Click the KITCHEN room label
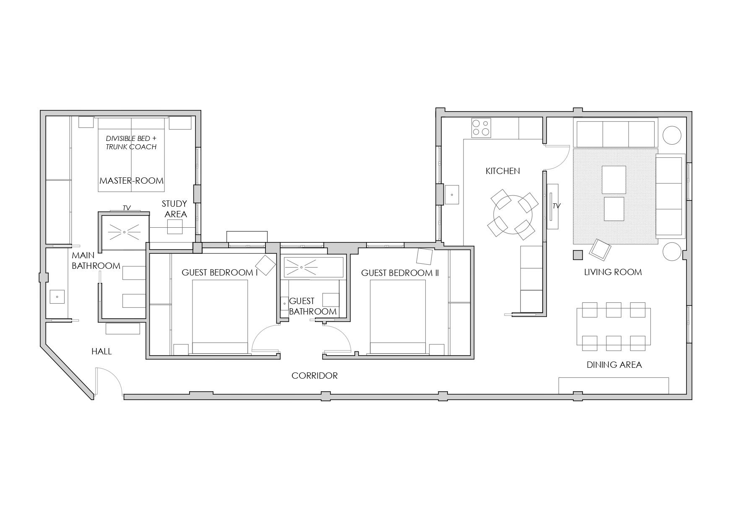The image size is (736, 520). click(x=502, y=171)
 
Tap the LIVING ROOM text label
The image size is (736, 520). click(x=613, y=272)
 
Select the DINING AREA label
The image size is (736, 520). click(x=614, y=365)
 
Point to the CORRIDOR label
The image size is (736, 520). click(x=315, y=376)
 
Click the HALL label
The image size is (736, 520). click(x=101, y=351)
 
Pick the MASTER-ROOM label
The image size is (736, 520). click(x=131, y=181)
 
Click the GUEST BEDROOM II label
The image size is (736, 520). click(x=400, y=273)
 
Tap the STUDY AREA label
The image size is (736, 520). click(x=175, y=209)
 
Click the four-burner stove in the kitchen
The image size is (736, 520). click(x=481, y=128)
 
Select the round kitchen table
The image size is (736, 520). click(x=512, y=215)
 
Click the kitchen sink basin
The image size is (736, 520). click(x=452, y=195)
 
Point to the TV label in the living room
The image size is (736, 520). click(x=556, y=206)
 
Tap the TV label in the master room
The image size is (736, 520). click(x=126, y=208)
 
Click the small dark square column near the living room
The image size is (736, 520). click(x=578, y=255)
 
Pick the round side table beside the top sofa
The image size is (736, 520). click(x=672, y=135)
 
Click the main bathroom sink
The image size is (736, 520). click(x=57, y=296)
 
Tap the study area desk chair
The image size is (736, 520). click(x=175, y=227)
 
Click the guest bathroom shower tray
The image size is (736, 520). click(x=314, y=267)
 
